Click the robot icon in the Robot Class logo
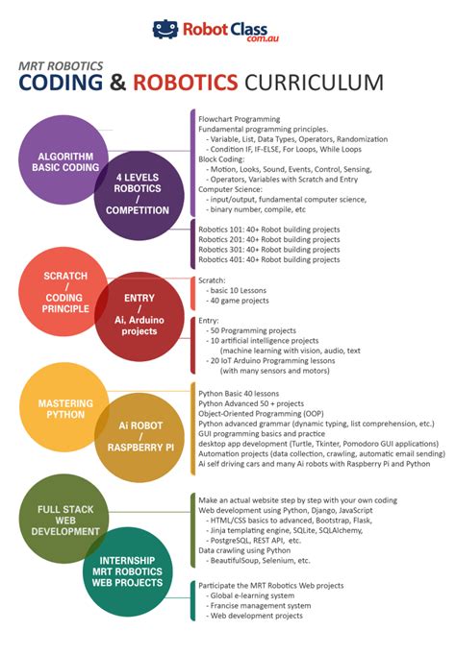click(x=165, y=29)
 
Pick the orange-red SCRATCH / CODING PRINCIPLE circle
click(x=63, y=290)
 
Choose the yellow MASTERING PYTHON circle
click(x=63, y=411)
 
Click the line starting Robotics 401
click(x=268, y=259)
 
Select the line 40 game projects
click(x=241, y=300)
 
